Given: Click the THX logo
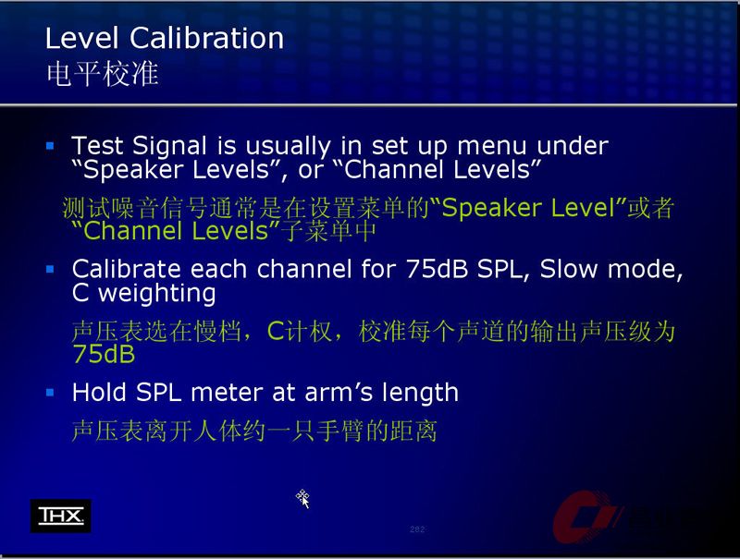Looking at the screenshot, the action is [60, 516].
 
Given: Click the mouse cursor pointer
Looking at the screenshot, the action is [302, 499].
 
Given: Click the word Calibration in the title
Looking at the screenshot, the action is [206, 38].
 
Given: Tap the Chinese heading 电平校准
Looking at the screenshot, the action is [102, 74].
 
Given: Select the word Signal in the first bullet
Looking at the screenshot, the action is [169, 147].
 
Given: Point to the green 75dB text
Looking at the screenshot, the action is [104, 354].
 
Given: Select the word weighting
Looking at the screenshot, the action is [157, 294].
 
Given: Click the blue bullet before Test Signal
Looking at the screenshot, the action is [50, 146].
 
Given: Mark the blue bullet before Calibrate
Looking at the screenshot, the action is [50, 269].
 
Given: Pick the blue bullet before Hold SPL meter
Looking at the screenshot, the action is [50, 392].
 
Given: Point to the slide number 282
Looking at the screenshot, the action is [417, 529].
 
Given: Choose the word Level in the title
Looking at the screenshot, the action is [81, 38].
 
